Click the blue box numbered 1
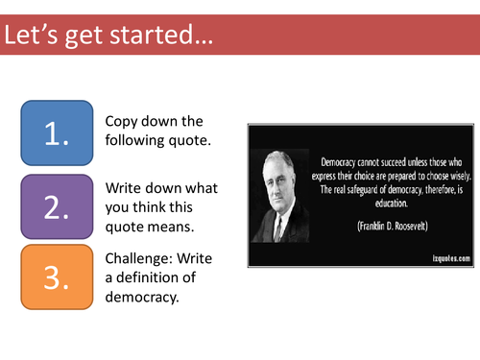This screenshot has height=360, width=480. (x=57, y=132)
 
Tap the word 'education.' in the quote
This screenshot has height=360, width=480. (x=388, y=203)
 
